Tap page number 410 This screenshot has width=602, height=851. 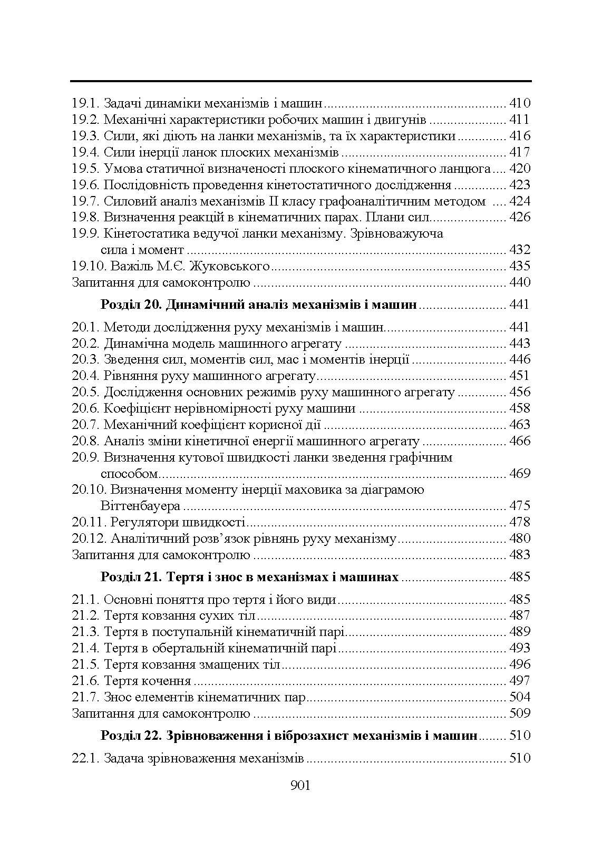point(520,103)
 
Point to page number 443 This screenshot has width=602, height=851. point(520,344)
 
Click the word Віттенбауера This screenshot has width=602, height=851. point(141,506)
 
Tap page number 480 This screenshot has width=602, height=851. point(520,539)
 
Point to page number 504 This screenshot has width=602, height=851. point(520,697)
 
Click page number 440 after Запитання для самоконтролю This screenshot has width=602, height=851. point(520,282)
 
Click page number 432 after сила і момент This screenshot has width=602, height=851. point(520,250)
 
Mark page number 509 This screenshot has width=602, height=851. point(520,713)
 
